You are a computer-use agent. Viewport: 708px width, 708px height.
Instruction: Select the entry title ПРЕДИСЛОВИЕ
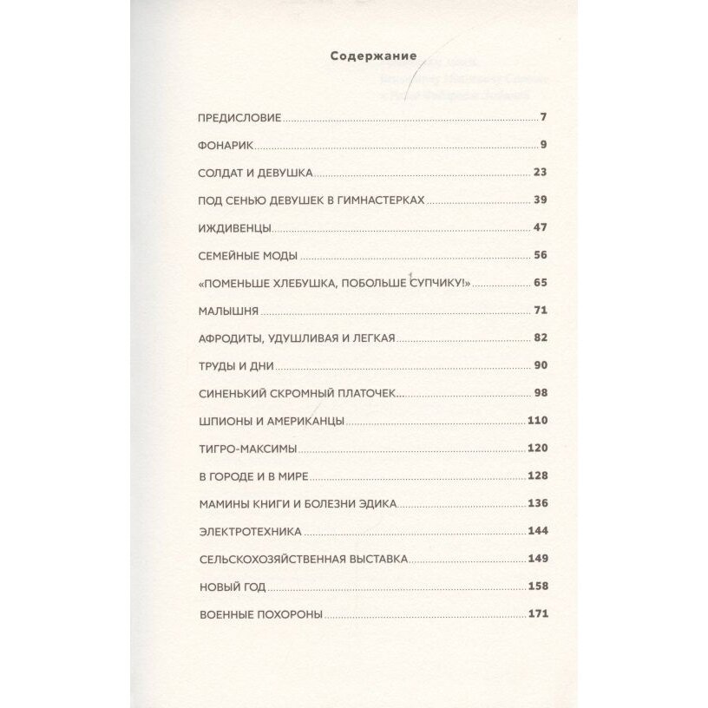tap(240, 117)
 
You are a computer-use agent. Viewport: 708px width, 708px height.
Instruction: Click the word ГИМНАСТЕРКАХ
tap(383, 200)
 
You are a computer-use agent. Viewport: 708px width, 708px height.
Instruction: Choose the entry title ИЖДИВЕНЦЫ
tap(235, 228)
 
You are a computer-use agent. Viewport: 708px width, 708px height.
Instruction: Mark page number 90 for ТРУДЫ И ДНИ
tap(538, 365)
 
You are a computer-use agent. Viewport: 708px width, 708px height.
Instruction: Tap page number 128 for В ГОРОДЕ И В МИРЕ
tap(538, 476)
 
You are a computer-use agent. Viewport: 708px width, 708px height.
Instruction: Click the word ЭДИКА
tap(402, 504)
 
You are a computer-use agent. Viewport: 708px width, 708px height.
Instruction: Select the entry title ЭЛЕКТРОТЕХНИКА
tap(250, 531)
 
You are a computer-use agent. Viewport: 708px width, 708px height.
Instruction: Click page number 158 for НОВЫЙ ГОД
tap(538, 587)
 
